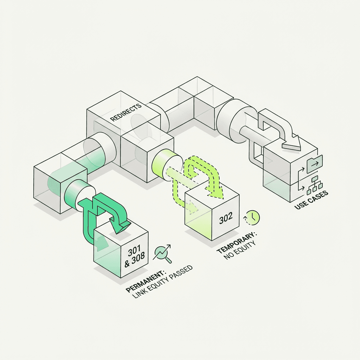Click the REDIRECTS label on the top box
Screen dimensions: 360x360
[x=126, y=112]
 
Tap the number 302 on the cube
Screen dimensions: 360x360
[x=226, y=218]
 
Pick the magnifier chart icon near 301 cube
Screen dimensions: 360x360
[x=163, y=253]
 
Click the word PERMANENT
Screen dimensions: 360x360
[x=146, y=282]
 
